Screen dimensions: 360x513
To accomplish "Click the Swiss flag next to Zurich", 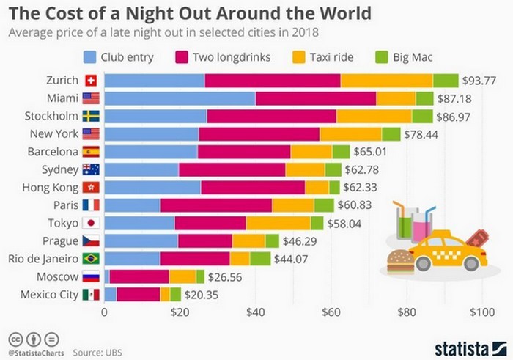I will (x=91, y=81).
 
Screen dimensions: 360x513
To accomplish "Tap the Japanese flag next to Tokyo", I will (x=91, y=223).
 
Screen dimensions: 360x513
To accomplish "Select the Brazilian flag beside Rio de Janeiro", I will (x=91, y=258).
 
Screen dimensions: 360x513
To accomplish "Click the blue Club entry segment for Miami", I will (x=180, y=98).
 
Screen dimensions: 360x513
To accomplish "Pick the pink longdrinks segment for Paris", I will (x=216, y=205).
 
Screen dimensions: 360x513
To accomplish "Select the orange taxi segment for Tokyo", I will (x=278, y=223).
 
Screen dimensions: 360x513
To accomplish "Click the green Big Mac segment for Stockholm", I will (x=422, y=116).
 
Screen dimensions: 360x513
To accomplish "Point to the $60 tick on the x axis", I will (x=330, y=312).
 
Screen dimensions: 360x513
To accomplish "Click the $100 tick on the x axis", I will (x=481, y=312).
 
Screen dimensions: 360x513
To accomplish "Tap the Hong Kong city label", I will (x=53, y=187).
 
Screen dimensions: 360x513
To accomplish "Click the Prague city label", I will (x=62, y=240).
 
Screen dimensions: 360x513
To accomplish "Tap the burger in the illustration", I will (x=400, y=262).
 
